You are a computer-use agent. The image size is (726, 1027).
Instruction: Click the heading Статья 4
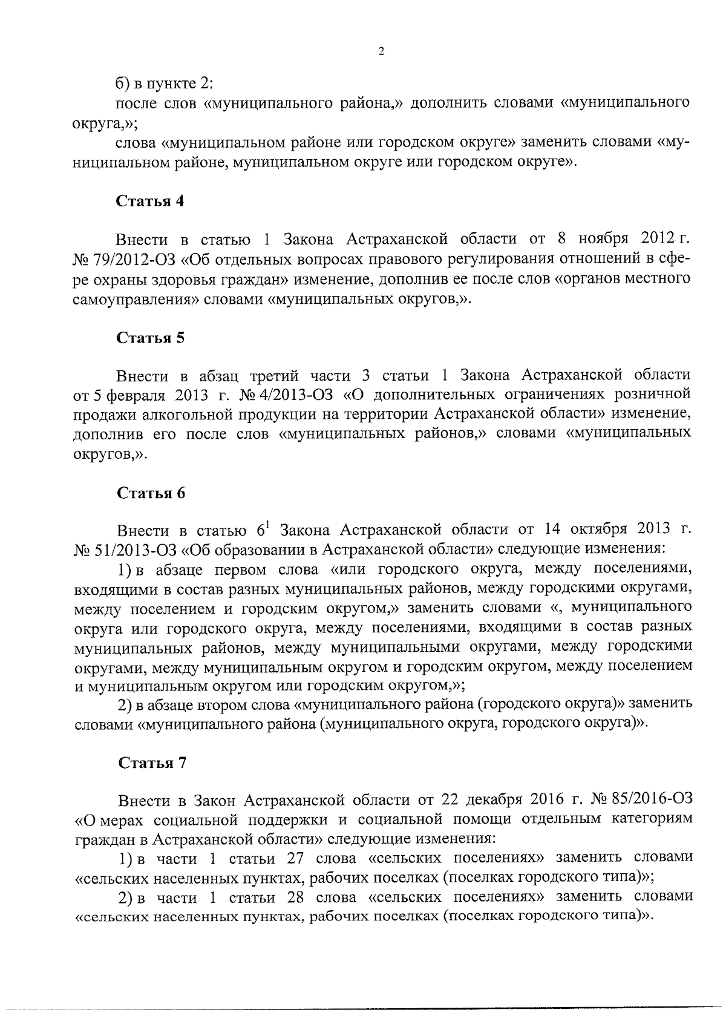click(150, 202)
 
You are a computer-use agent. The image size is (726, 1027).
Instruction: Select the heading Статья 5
click(150, 338)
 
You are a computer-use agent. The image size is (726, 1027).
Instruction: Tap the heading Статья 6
click(150, 493)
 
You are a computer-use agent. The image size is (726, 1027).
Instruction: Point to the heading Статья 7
click(151, 763)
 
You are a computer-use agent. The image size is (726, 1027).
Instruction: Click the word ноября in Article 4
click(606, 239)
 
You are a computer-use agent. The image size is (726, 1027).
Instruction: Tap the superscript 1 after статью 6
click(267, 524)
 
